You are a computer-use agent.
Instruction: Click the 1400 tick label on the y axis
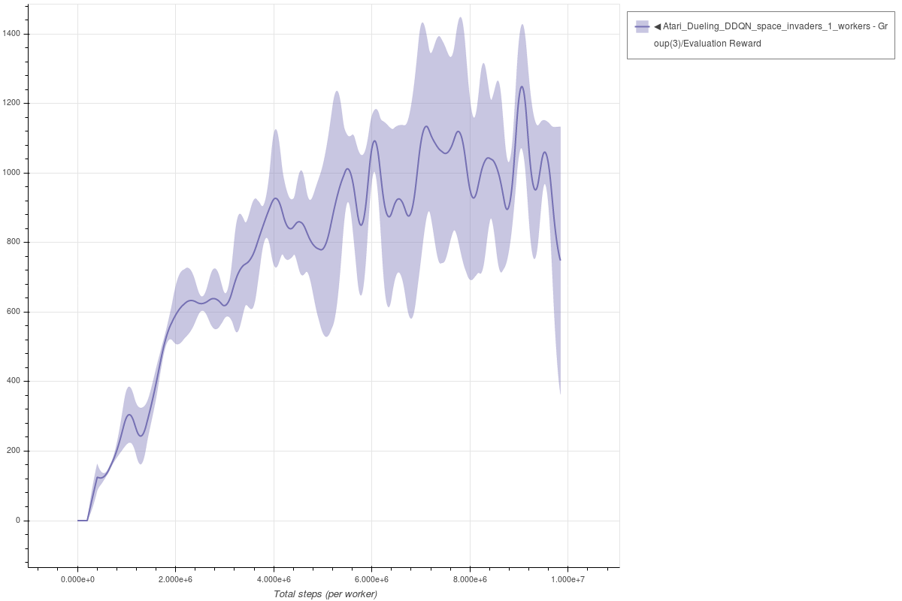[x=13, y=34]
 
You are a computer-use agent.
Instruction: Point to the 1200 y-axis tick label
[x=13, y=104]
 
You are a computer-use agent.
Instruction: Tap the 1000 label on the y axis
[x=13, y=173]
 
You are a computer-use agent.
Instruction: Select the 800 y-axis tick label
[x=15, y=243]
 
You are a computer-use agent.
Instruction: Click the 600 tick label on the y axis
[x=15, y=312]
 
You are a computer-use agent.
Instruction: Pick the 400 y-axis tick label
[x=15, y=382]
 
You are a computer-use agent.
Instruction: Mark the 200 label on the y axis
[x=15, y=451]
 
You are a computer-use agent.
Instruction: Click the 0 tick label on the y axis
[x=20, y=521]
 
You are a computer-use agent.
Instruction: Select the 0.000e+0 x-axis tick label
[x=77, y=580]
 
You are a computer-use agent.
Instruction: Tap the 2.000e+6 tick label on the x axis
[x=176, y=580]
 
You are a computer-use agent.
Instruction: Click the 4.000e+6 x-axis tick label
[x=274, y=580]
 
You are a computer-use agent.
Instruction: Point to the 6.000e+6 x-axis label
[x=372, y=580]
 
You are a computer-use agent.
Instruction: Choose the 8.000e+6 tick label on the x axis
[x=470, y=580]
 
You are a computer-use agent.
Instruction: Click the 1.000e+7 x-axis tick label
[x=568, y=580]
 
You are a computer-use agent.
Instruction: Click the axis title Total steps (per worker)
[x=325, y=594]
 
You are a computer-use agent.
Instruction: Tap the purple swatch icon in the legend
[x=642, y=26]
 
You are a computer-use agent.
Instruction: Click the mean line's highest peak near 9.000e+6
[x=522, y=86]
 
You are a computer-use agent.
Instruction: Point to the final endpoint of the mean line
[x=560, y=260]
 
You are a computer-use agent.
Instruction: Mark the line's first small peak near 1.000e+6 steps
[x=129, y=415]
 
